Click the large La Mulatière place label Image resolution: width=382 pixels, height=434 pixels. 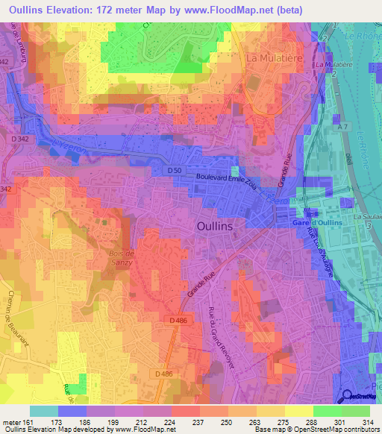(272, 57)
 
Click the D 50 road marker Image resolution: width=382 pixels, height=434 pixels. (175, 171)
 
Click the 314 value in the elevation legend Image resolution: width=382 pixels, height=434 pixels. (369, 421)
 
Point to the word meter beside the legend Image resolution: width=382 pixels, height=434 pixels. (10, 421)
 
